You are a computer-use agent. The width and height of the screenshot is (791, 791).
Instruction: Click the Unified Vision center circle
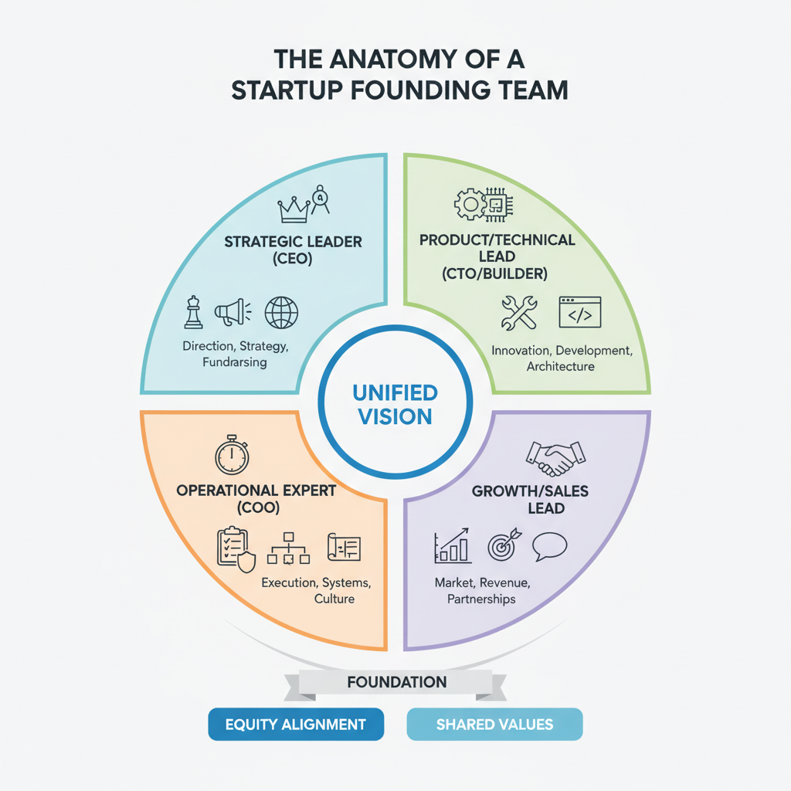coord(395,404)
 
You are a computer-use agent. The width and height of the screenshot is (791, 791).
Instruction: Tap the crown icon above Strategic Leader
coord(292,207)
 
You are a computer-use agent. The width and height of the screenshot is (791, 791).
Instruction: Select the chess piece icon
coord(193,313)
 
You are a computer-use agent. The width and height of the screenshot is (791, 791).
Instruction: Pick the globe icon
coord(280,313)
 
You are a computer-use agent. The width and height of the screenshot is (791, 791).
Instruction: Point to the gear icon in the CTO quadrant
coord(468,205)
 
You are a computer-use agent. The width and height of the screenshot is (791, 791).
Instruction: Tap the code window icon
coord(579,312)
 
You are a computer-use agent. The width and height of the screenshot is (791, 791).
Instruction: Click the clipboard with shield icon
coord(235,548)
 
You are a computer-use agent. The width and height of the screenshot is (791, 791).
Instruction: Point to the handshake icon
coord(555,458)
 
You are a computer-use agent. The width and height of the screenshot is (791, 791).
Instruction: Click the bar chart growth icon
coord(453,545)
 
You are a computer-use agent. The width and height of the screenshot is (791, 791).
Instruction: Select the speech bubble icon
coord(549,546)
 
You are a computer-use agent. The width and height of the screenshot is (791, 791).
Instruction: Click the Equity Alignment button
coord(296,725)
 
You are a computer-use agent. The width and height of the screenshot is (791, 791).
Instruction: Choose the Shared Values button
coord(494,725)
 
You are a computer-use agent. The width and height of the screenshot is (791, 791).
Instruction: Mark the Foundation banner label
coord(396,682)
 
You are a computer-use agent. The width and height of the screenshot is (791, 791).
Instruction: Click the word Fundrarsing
coord(235,362)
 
